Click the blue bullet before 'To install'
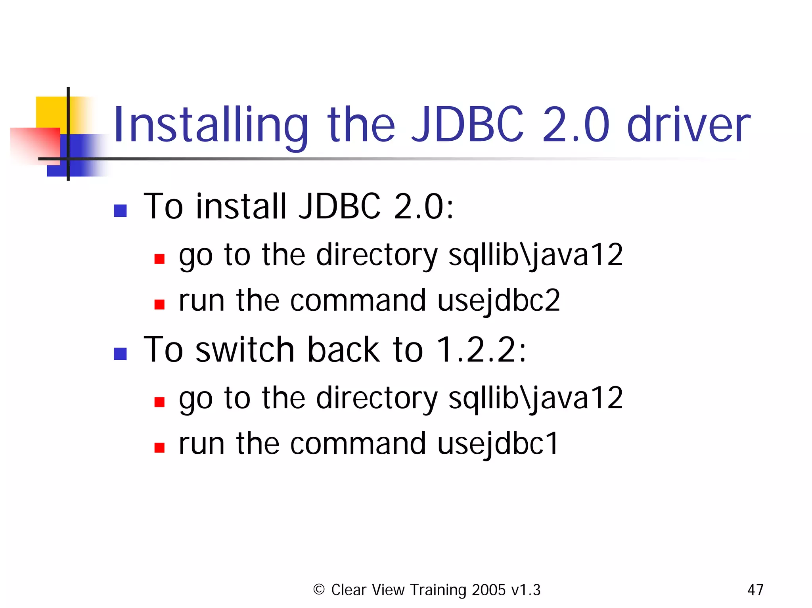point(120,210)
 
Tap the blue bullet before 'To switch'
point(120,354)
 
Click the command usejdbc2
point(499,300)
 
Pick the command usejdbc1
point(498,444)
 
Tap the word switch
point(245,350)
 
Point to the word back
point(344,350)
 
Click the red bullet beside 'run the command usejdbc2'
point(159,304)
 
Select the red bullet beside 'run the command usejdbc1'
point(159,447)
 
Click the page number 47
point(755,590)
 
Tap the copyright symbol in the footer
point(319,589)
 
